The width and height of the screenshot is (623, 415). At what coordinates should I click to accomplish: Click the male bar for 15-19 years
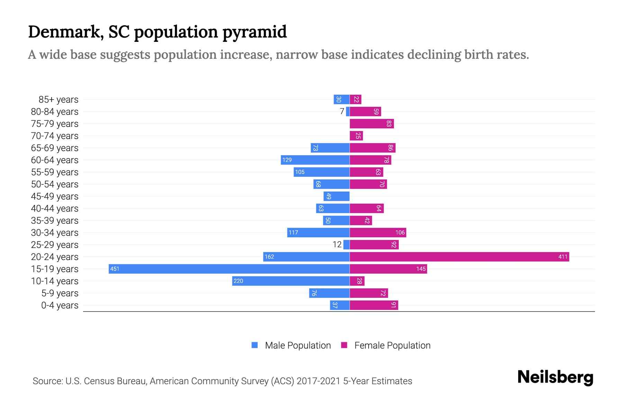click(229, 269)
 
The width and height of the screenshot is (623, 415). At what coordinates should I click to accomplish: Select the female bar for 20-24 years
click(459, 257)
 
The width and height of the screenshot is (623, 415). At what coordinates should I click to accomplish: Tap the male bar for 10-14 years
click(291, 281)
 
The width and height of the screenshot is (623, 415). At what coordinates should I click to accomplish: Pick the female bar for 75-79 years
click(372, 123)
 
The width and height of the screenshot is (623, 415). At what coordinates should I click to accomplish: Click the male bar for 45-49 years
click(336, 196)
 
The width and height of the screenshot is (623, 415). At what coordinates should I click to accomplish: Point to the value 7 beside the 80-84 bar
click(342, 111)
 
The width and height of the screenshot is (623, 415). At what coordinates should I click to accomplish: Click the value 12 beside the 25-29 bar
click(337, 245)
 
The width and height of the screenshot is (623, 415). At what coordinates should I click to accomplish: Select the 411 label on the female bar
click(563, 257)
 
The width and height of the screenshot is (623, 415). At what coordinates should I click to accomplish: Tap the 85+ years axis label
click(58, 99)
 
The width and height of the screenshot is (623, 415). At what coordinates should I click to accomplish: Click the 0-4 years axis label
click(60, 305)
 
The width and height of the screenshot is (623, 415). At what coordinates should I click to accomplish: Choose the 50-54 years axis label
click(55, 184)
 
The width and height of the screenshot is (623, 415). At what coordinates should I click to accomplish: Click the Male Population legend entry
click(298, 345)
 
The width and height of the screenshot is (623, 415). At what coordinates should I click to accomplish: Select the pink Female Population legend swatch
click(344, 345)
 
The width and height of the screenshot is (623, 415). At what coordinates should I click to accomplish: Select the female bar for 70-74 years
click(356, 136)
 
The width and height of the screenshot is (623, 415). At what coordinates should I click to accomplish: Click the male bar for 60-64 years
click(315, 160)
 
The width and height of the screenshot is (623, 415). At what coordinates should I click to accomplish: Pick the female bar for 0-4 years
click(374, 305)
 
